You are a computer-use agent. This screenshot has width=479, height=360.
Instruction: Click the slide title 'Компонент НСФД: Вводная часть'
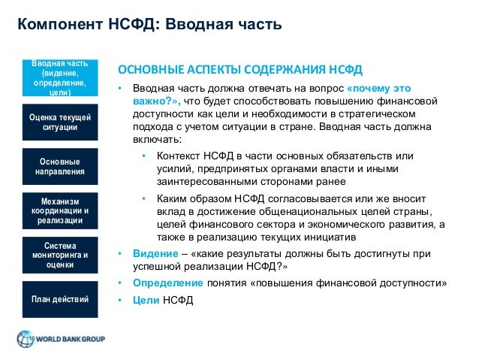pos(149,26)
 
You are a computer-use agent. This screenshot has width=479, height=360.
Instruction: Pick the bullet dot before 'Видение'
pos(119,253)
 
